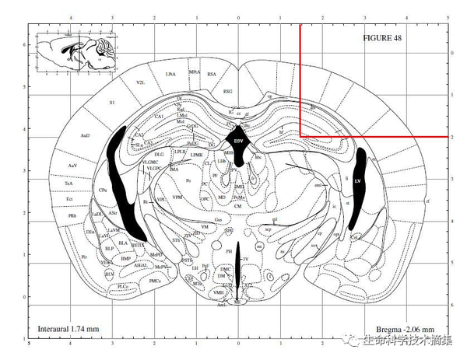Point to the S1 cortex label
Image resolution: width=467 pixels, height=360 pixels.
(x=111, y=102)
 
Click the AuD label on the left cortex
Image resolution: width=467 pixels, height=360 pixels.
(x=86, y=135)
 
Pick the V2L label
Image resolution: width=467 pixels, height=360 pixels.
(x=140, y=82)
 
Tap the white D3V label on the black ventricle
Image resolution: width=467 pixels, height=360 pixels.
(x=240, y=141)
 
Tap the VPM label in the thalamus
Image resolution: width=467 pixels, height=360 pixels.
(x=178, y=197)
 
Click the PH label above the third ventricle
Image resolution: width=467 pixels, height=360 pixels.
(x=229, y=251)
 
